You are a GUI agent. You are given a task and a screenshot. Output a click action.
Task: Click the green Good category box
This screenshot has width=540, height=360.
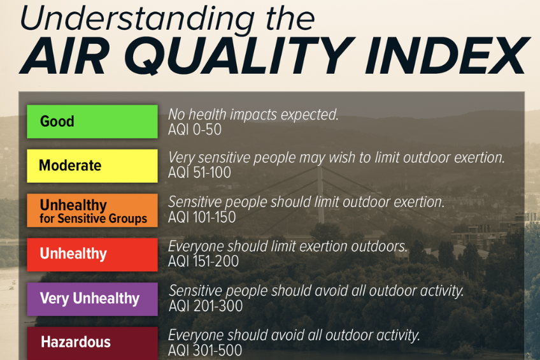click(92, 122)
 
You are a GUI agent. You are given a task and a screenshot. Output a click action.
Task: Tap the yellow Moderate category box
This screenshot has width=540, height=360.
click(92, 166)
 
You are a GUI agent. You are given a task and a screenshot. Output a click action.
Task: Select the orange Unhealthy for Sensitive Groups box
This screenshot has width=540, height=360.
click(92, 210)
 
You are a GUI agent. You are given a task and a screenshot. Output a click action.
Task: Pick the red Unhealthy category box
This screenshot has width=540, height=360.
click(92, 255)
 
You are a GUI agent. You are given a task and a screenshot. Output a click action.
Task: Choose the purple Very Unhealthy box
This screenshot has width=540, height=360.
click(92, 299)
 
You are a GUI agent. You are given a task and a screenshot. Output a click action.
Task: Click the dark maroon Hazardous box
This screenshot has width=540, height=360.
click(92, 343)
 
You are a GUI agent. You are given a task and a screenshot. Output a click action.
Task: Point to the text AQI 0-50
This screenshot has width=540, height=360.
click(195, 129)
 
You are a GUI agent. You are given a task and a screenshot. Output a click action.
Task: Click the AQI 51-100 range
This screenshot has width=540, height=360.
click(199, 172)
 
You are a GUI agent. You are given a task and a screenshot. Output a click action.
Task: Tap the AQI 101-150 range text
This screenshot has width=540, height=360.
click(202, 217)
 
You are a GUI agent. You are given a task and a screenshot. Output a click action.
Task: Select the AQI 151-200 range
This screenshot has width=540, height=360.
click(203, 261)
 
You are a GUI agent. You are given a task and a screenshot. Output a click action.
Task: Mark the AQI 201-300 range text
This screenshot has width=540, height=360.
click(206, 306)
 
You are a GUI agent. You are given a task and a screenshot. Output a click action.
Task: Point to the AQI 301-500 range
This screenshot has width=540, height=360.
click(205, 350)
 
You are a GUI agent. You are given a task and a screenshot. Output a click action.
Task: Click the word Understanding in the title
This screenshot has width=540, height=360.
click(138, 19)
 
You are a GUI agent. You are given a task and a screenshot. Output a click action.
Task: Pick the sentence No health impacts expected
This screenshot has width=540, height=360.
click(253, 115)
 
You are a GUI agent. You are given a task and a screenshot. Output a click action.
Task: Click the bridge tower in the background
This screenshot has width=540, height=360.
click(321, 194)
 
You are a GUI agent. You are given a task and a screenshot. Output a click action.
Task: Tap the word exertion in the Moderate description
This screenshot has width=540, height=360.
click(480, 157)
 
